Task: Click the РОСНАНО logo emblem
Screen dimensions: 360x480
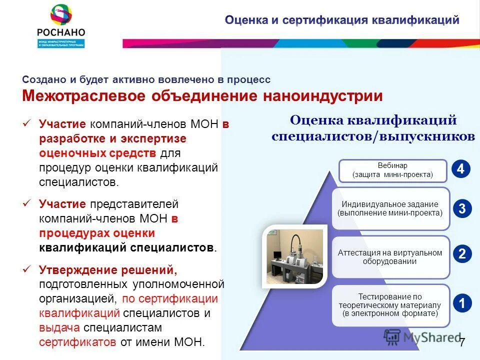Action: click(x=61, y=15)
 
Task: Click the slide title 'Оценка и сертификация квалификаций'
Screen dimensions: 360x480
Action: click(x=341, y=20)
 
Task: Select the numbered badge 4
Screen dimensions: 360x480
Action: click(x=461, y=169)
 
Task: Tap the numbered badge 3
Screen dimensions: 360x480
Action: click(x=461, y=208)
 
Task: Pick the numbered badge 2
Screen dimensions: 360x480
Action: click(x=461, y=254)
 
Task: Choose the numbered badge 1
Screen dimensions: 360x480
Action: click(x=461, y=302)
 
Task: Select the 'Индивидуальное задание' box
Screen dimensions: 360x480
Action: click(x=390, y=208)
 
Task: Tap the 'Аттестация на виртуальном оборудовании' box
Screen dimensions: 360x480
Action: click(x=390, y=257)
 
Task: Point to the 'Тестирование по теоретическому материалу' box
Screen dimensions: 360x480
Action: click(x=390, y=305)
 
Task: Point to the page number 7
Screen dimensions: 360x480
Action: click(x=462, y=342)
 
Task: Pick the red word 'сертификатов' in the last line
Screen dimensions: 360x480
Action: click(x=77, y=342)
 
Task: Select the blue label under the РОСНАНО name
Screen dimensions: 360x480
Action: click(x=61, y=43)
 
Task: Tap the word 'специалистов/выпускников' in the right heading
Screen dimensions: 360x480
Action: click(x=373, y=136)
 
